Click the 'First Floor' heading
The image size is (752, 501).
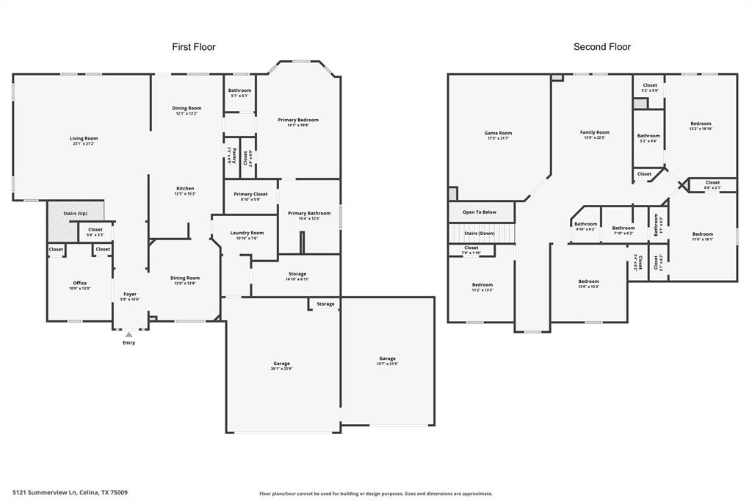tap(194, 47)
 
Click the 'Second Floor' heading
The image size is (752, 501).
tap(601, 47)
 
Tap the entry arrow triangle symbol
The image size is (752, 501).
tap(129, 335)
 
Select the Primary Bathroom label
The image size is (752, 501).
tap(309, 215)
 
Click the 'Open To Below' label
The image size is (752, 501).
tap(480, 212)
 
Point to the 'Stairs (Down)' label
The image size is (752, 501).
tap(480, 233)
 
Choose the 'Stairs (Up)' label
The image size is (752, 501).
tap(75, 213)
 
